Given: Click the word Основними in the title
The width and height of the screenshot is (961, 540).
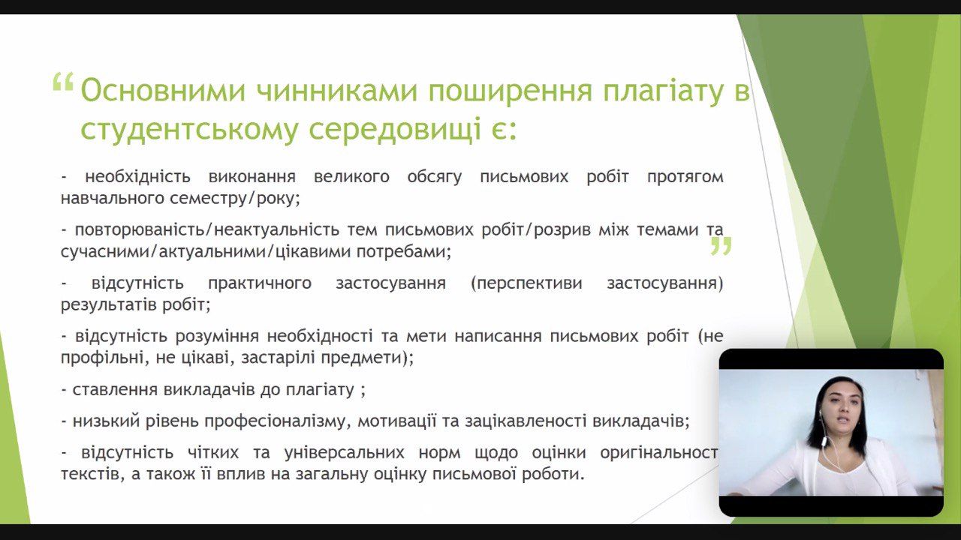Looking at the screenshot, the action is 163,91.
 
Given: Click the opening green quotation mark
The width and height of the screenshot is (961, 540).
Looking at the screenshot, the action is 63,82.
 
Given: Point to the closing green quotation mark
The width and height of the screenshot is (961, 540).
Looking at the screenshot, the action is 721,246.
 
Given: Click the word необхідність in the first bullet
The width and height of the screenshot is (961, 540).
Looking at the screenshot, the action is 137,176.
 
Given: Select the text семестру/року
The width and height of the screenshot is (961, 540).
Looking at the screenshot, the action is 235,199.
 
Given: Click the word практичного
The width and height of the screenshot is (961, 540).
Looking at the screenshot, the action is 260,283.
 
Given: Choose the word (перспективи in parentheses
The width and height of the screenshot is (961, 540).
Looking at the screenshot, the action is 526,283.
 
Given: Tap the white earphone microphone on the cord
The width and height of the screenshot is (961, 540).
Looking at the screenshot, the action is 824,442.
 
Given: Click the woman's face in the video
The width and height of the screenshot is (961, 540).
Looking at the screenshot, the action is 842,409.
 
